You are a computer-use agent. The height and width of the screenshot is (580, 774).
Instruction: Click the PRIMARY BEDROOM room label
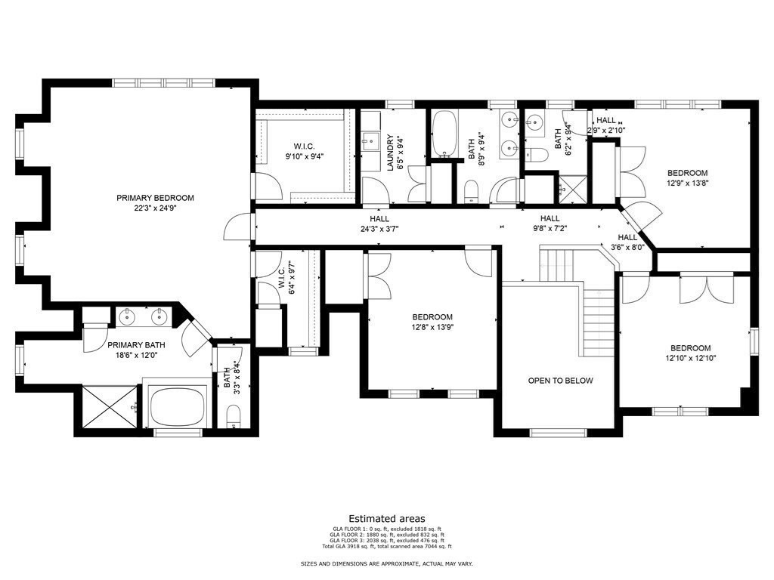[155, 198]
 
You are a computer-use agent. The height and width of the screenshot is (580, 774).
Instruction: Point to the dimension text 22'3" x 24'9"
[155, 209]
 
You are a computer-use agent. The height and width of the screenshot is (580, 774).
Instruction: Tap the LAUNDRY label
[391, 153]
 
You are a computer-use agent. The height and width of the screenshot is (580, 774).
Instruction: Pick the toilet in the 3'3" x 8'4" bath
[234, 416]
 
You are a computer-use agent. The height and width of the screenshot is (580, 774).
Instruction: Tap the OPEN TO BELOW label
[560, 381]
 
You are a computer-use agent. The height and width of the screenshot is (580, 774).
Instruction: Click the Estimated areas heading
[386, 519]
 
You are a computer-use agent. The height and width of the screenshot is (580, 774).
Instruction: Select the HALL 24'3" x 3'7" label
[379, 223]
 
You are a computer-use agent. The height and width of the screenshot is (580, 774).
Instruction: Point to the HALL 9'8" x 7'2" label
[549, 223]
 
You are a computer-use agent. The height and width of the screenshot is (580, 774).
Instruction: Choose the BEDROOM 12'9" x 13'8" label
[687, 177]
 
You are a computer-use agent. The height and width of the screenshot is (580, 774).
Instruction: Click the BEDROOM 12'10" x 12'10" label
[690, 353]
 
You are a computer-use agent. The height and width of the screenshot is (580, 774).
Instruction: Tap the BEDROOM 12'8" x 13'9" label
[432, 322]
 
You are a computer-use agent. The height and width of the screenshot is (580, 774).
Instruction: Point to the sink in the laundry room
[372, 140]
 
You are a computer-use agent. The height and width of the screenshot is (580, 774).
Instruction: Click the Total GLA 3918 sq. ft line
[386, 546]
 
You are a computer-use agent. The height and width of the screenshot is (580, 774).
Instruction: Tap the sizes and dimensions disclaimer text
[386, 564]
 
